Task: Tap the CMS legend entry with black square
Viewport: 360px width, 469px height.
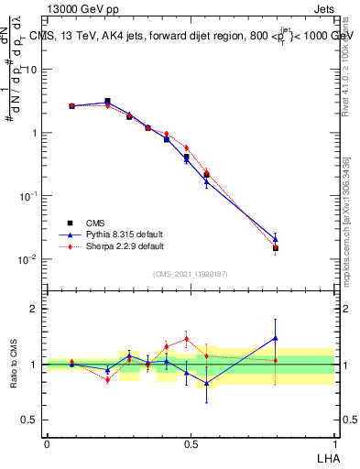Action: [96, 223]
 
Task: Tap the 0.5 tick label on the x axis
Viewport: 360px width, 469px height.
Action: [191, 443]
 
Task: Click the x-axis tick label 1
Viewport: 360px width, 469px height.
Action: [334, 443]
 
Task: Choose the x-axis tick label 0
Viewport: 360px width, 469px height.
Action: [47, 443]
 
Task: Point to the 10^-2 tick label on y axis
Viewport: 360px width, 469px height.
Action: [28, 259]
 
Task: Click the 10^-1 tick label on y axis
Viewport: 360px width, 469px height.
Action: [28, 196]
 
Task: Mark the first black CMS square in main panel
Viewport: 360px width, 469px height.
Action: [71, 106]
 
